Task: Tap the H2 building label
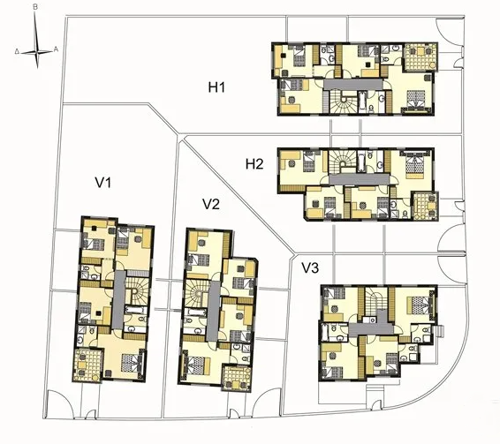pos(255,163)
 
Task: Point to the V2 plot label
pos(210,204)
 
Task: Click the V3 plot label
pos(310,267)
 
